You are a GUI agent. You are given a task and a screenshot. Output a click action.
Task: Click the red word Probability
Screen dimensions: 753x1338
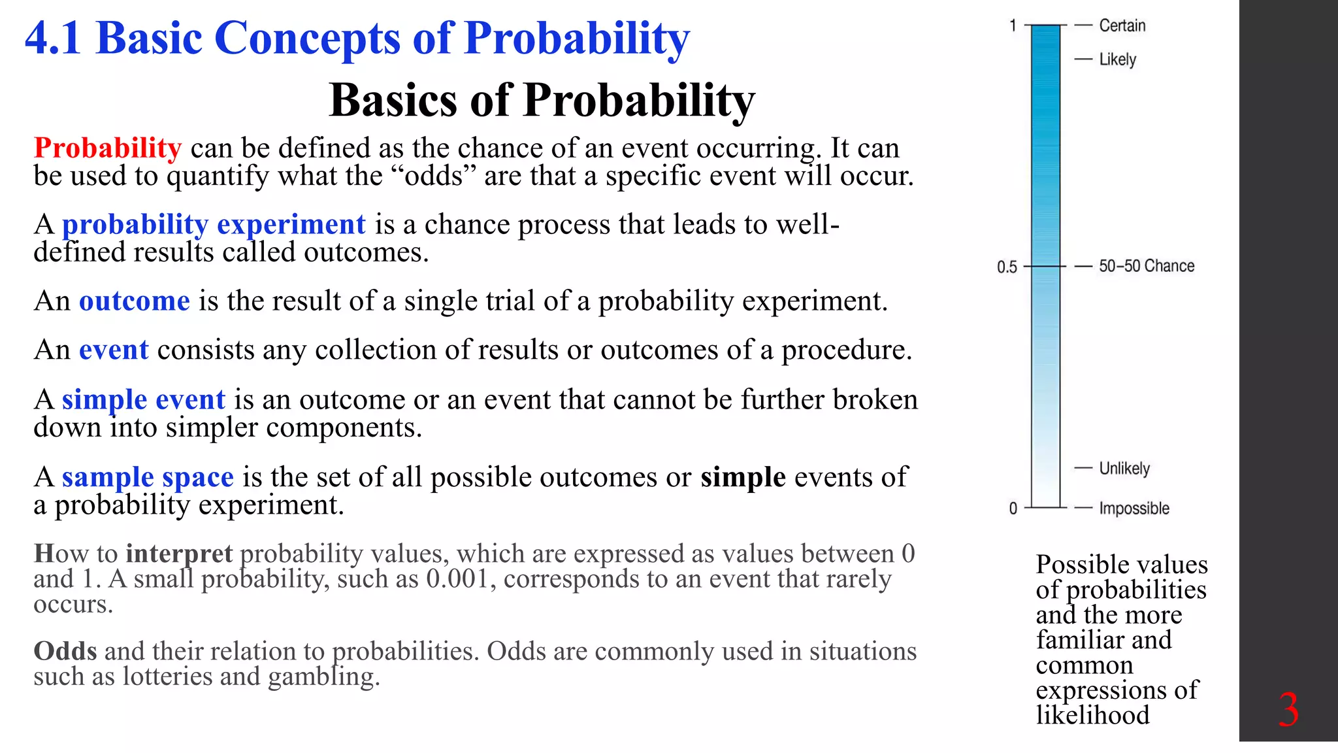(x=107, y=148)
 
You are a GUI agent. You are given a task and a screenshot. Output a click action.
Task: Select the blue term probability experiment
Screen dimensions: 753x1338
(x=214, y=224)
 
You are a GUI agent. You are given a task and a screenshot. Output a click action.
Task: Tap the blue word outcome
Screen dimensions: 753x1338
(x=135, y=301)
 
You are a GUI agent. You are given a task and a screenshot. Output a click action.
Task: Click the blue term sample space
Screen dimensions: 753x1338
(x=148, y=477)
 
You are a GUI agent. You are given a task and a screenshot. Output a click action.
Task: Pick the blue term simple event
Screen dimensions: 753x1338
(x=144, y=399)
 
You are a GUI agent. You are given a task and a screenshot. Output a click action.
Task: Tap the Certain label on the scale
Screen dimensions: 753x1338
(x=1122, y=25)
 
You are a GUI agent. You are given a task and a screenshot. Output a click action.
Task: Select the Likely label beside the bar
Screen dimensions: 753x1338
(x=1117, y=59)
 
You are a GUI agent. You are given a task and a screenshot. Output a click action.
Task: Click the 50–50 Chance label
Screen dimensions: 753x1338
(x=1146, y=266)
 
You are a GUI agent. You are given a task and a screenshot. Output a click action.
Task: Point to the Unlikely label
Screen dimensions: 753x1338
(x=1124, y=469)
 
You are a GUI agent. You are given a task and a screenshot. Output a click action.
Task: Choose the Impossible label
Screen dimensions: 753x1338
(x=1134, y=508)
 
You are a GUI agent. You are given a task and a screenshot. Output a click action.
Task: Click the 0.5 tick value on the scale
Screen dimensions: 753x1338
(x=1007, y=267)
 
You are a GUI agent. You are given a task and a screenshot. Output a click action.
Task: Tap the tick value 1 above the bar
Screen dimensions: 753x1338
(x=1013, y=25)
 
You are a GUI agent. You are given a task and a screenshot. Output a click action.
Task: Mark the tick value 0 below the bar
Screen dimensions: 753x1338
(x=1013, y=508)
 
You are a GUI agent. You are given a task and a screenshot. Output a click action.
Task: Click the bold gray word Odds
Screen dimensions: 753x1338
(x=65, y=651)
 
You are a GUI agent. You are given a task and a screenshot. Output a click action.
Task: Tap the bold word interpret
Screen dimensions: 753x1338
(x=179, y=554)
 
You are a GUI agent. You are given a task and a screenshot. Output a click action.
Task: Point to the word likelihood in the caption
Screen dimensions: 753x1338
(x=1092, y=715)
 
